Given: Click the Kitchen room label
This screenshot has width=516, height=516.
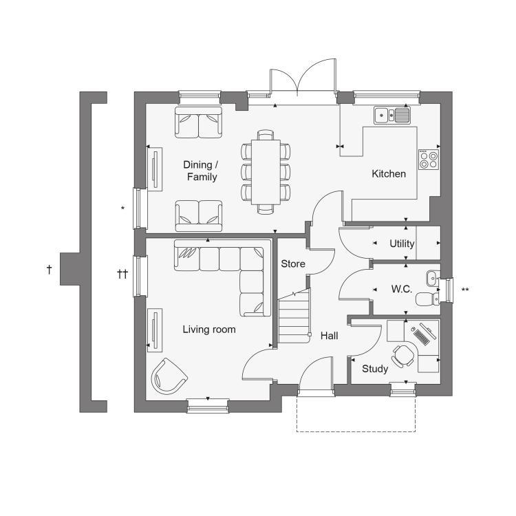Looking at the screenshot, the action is (x=389, y=174).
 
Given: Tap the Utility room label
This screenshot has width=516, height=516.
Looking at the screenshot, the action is (x=402, y=244).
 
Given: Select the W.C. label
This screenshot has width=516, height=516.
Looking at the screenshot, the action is (x=402, y=289).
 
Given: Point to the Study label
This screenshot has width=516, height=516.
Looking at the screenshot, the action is (x=375, y=369).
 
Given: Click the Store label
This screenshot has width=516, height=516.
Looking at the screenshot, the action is (x=293, y=264).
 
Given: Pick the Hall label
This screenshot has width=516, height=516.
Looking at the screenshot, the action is (x=329, y=336).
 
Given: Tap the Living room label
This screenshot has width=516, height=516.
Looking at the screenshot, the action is (x=209, y=330).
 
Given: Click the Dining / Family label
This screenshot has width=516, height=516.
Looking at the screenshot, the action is (x=202, y=171).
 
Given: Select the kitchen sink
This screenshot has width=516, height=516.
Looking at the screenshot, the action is (x=392, y=115).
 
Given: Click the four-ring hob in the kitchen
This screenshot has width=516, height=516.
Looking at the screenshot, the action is (x=429, y=160).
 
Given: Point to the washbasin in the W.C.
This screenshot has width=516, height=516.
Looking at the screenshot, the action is (x=433, y=279).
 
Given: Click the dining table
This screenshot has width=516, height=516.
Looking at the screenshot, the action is (x=266, y=172).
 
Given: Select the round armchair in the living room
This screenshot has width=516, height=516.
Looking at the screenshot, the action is (x=169, y=376).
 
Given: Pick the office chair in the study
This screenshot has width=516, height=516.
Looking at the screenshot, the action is (x=402, y=356).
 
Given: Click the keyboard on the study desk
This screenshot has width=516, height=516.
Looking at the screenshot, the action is (x=421, y=337).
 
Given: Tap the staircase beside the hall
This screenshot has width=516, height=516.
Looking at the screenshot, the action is (x=294, y=316).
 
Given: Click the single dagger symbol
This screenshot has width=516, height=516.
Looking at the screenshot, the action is (x=49, y=270).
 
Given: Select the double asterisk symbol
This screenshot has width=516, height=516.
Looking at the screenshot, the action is (x=465, y=290).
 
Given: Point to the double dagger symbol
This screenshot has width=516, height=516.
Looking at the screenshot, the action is (x=122, y=274).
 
